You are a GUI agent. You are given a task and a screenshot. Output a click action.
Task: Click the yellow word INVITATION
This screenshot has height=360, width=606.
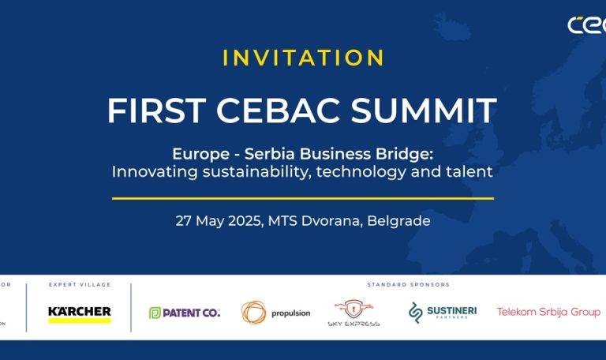click(303, 58)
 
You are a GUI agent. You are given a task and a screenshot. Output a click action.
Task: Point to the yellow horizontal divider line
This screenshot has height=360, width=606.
click(303, 198)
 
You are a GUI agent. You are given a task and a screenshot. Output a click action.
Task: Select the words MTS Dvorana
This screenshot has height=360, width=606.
click(318, 221)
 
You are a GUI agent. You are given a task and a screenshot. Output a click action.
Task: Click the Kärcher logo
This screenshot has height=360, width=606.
click(80, 312)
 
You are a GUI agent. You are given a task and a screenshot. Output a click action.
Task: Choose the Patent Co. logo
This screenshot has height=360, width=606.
click(185, 313)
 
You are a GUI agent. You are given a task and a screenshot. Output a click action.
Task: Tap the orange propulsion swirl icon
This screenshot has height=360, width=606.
click(254, 313)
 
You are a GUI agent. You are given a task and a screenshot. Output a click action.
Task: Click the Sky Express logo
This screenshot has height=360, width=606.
click(353, 313)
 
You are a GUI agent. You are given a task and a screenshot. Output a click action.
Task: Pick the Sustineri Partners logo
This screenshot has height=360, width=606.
click(443, 313)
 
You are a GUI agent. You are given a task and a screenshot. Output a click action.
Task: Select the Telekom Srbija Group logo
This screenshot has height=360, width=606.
click(548, 312)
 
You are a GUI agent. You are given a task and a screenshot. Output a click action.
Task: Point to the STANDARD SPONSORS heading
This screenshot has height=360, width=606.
click(408, 284)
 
